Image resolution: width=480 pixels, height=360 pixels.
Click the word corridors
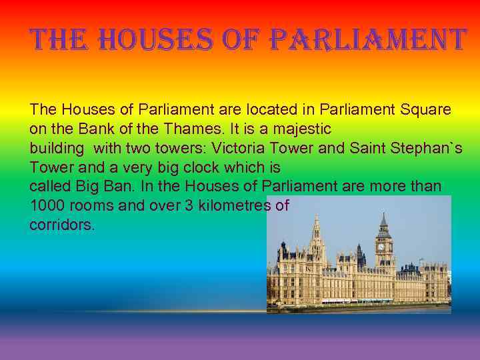(x=62, y=225)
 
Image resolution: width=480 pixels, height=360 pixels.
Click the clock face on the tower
(x=381, y=247)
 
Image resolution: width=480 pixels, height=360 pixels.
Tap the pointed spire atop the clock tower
(x=383, y=220)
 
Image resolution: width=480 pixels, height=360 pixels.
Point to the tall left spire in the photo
(x=316, y=223)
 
